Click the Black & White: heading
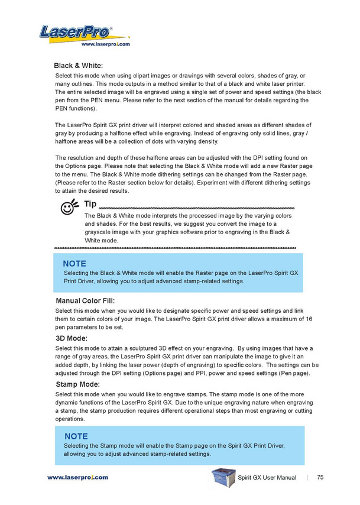[79, 66]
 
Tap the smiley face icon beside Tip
[69, 206]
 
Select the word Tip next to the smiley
[90, 204]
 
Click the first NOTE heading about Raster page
[74, 263]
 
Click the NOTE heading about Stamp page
[76, 436]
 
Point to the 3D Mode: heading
[71, 338]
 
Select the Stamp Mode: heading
[77, 384]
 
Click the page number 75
[320, 477]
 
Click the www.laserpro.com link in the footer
[77, 477]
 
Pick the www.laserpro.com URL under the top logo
[105, 44]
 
